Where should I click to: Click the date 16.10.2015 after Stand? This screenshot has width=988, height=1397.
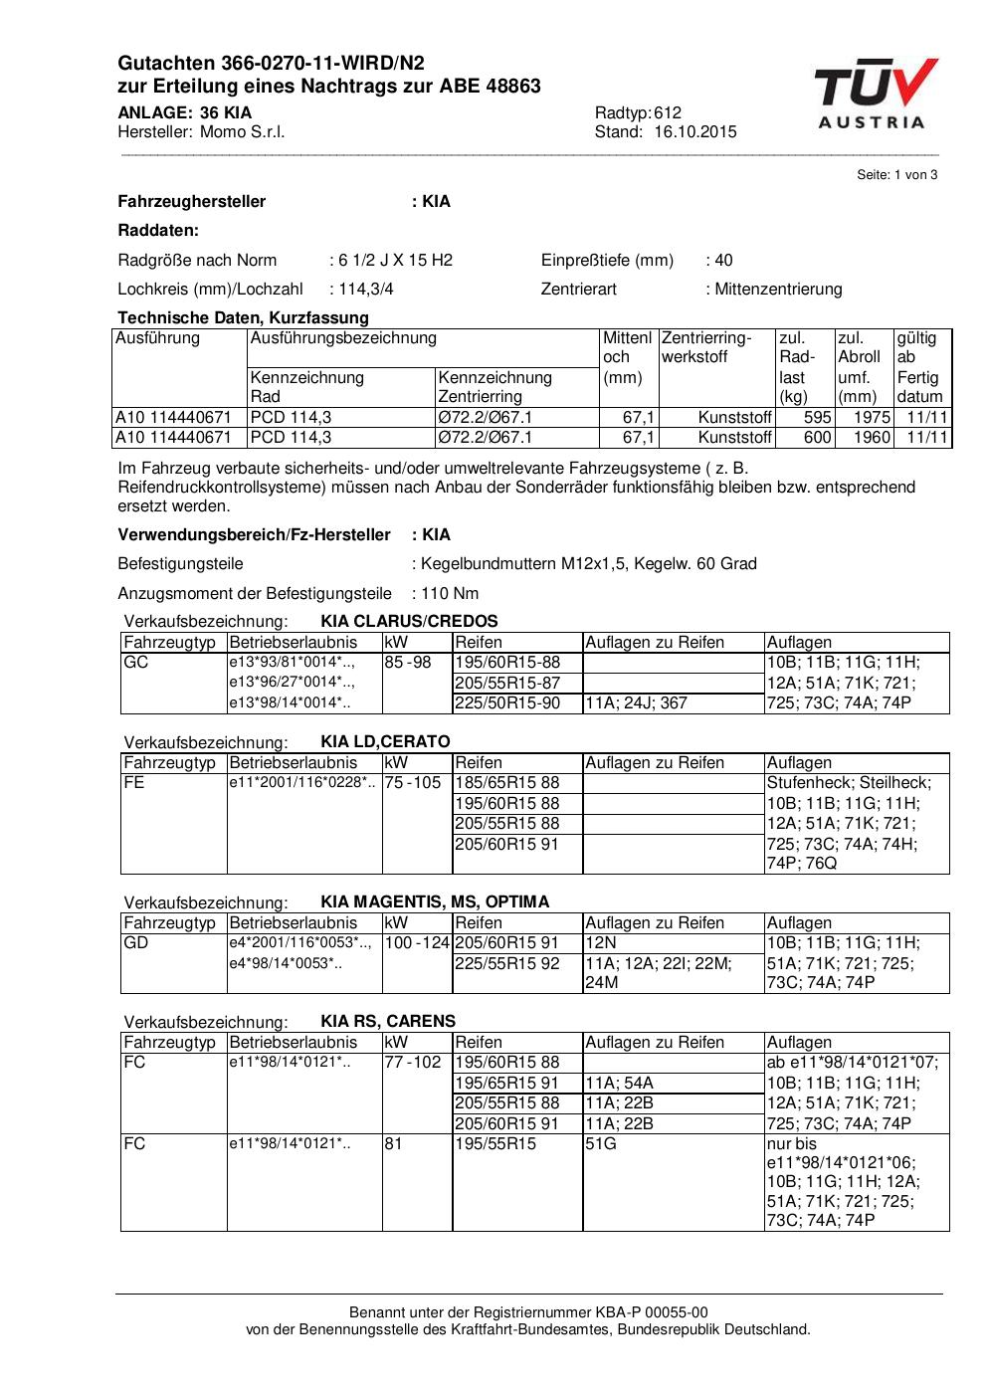tap(694, 132)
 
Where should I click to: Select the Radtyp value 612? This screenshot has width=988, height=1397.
tap(668, 113)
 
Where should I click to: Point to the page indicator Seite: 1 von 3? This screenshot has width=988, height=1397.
tap(896, 175)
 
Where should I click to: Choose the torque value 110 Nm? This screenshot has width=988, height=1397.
tap(450, 594)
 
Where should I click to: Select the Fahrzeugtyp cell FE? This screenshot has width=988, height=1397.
tap(134, 783)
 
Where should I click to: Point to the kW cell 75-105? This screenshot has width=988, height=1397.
tap(413, 783)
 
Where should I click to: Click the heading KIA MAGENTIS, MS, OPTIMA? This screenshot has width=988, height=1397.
tap(435, 902)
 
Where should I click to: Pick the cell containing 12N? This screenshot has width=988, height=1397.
tap(601, 943)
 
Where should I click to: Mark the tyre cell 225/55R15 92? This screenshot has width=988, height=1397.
tap(507, 963)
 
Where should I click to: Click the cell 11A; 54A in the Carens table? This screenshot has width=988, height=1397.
tap(619, 1084)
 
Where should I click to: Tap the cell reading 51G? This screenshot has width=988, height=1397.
tap(601, 1144)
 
